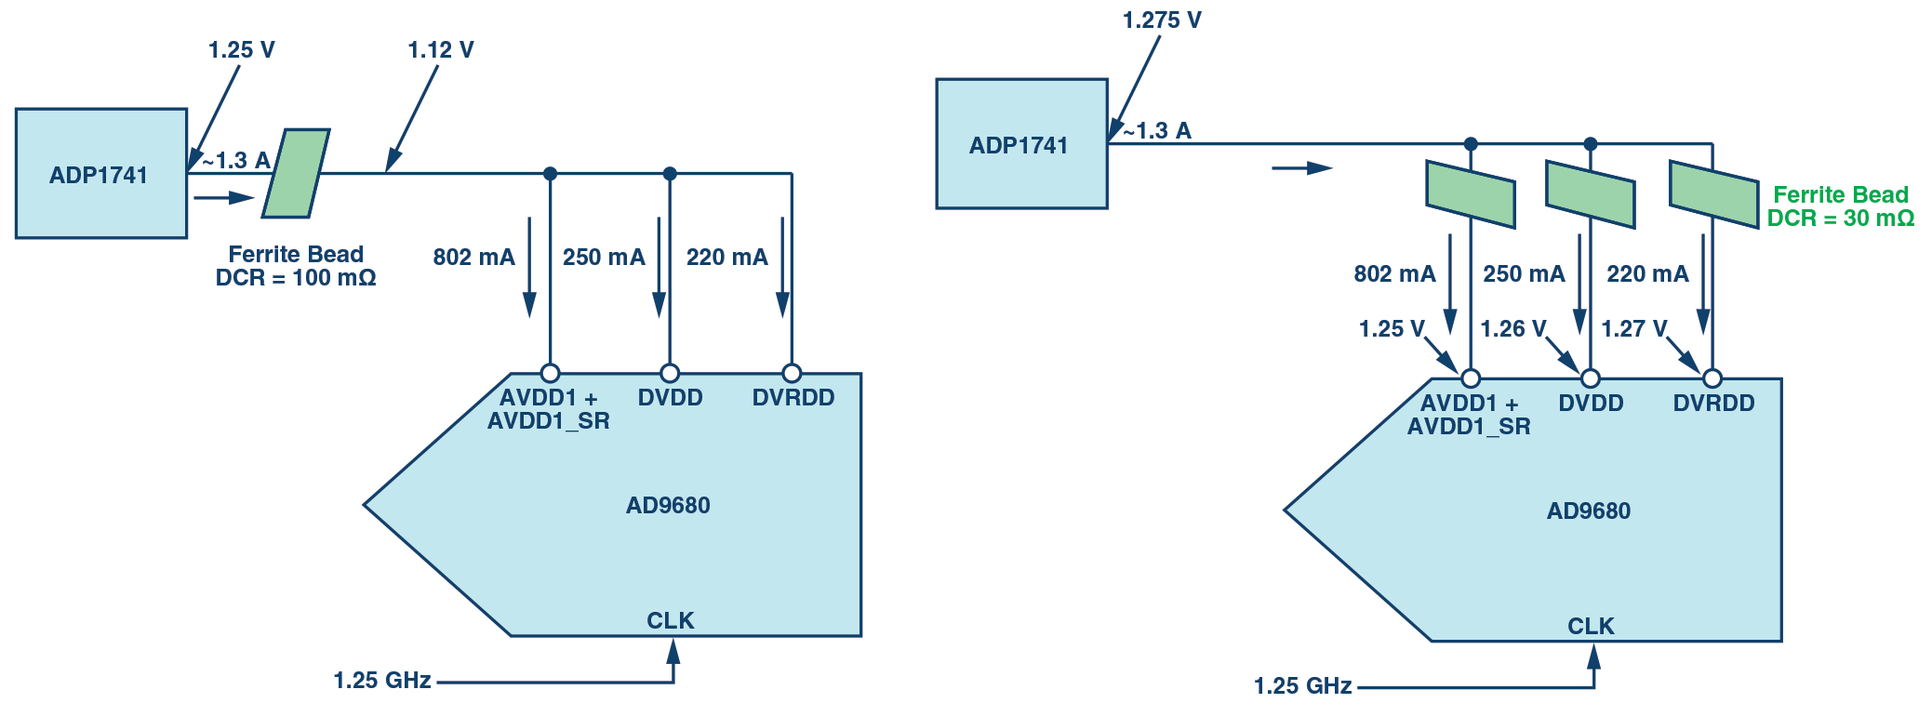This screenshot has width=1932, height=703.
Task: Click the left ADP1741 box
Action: [100, 174]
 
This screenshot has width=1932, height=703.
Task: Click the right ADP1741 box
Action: [1020, 144]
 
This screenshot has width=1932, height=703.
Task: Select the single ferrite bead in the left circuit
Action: [296, 174]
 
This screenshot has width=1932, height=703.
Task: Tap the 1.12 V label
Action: [440, 50]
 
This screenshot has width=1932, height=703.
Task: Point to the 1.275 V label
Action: [1162, 20]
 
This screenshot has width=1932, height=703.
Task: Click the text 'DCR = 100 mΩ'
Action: [296, 278]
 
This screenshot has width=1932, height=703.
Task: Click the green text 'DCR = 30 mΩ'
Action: [1840, 219]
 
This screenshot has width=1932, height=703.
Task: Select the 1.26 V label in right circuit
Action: [1512, 329]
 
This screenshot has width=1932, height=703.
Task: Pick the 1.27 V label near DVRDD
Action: [1633, 329]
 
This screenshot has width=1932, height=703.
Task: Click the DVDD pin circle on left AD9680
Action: [670, 374]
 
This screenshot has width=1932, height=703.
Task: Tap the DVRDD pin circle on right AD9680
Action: [1712, 378]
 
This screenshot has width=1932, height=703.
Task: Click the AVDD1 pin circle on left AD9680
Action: [550, 374]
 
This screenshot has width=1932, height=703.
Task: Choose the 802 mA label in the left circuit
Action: [473, 258]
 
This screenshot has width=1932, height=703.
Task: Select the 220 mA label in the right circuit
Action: [1647, 274]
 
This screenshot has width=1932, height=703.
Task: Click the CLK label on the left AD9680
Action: [671, 620]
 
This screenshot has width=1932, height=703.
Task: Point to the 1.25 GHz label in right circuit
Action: [1302, 686]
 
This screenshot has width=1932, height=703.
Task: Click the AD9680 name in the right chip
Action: [1589, 511]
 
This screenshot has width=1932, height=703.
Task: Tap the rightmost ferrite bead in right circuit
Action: [1713, 194]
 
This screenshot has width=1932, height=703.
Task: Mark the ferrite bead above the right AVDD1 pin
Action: [1471, 194]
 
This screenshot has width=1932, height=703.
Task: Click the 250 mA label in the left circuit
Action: [604, 258]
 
